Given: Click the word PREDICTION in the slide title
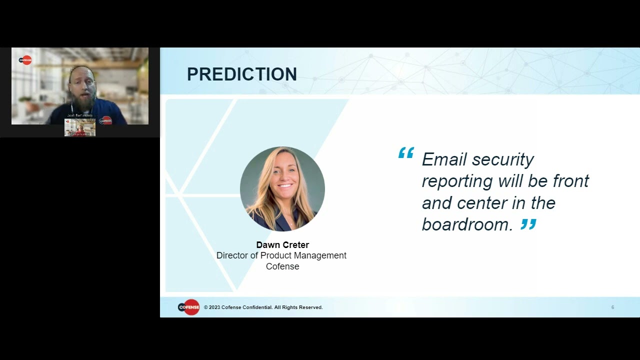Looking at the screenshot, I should click(242, 74).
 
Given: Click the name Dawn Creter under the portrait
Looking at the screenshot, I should click(282, 245).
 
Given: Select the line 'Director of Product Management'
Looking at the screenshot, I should click(281, 255).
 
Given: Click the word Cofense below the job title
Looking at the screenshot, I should click(282, 266).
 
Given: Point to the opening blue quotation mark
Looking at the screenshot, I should click(406, 152).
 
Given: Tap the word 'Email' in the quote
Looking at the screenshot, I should click(444, 159).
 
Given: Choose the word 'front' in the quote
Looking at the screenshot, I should click(571, 181).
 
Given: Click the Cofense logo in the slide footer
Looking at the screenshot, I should click(188, 307).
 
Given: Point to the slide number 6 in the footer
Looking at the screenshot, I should click(612, 307).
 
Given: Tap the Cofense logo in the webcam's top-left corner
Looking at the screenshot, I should click(25, 60).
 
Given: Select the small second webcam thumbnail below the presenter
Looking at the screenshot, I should click(80, 127).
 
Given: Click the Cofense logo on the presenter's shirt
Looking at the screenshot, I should click(105, 120).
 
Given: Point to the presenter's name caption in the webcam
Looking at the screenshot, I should click(80, 115).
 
